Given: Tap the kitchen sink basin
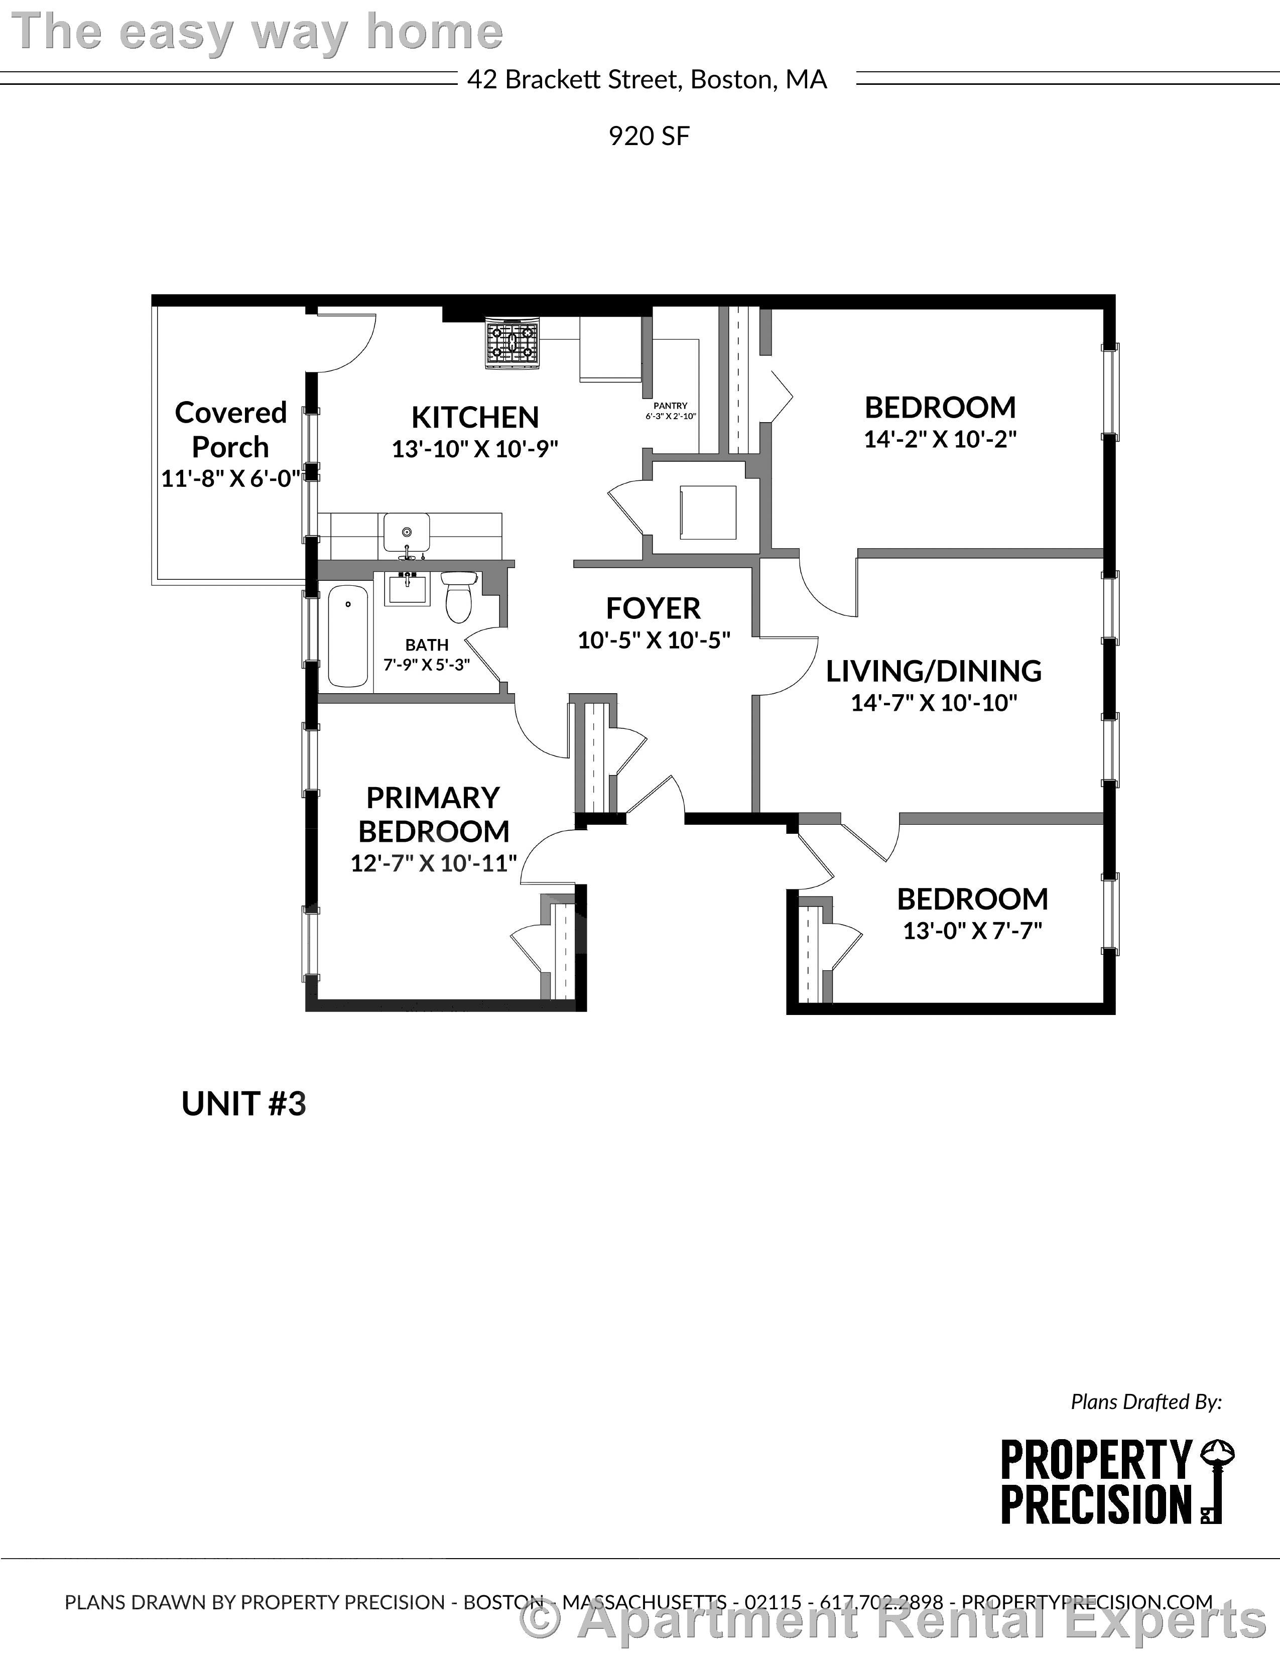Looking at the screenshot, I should (x=406, y=532).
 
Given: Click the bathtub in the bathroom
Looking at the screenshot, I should (x=347, y=636).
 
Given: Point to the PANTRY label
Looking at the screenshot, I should (x=670, y=406).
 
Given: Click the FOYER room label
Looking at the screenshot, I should (x=653, y=608).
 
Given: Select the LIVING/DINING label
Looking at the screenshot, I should (x=933, y=671).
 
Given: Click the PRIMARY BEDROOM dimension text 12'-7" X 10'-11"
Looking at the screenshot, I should (x=433, y=863).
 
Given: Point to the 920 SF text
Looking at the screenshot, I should (x=649, y=137).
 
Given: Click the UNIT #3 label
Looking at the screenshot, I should (x=243, y=1104).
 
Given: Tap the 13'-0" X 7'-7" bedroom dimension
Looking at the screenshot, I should (x=972, y=931).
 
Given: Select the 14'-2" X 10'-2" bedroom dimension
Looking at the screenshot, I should (x=939, y=439).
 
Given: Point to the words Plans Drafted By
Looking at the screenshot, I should (x=1145, y=1402).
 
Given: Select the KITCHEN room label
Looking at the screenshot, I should (x=475, y=417).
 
